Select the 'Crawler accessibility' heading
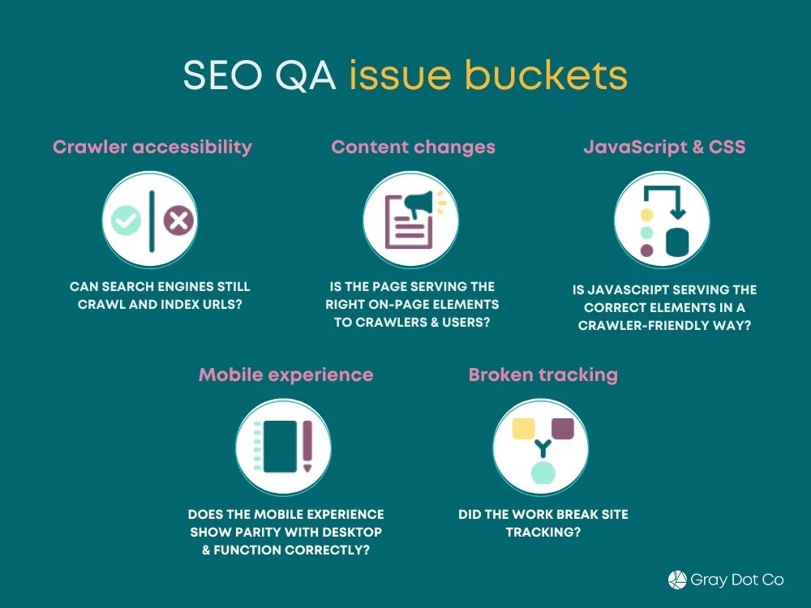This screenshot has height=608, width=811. (x=152, y=147)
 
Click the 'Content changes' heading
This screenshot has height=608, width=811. (x=413, y=147)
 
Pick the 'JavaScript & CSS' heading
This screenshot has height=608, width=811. (x=664, y=147)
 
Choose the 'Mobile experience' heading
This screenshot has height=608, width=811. (x=285, y=375)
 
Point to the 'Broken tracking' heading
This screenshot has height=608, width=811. (x=543, y=375)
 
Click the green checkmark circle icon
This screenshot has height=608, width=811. (x=127, y=220)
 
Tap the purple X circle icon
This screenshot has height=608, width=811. (x=178, y=220)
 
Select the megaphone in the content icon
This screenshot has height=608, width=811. (x=422, y=207)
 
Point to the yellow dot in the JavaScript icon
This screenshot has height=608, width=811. (x=647, y=215)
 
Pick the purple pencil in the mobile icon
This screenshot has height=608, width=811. (x=307, y=446)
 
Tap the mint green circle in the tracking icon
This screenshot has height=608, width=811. (x=542, y=473)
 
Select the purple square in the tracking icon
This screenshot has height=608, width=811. (x=562, y=427)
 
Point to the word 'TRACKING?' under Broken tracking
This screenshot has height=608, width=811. (x=543, y=533)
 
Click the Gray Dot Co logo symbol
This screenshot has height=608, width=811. (x=677, y=580)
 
